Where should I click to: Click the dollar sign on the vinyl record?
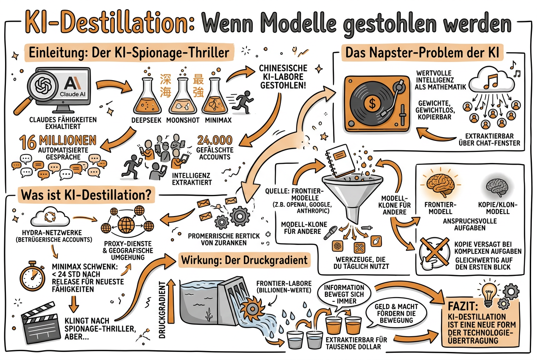coord(372,102)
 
